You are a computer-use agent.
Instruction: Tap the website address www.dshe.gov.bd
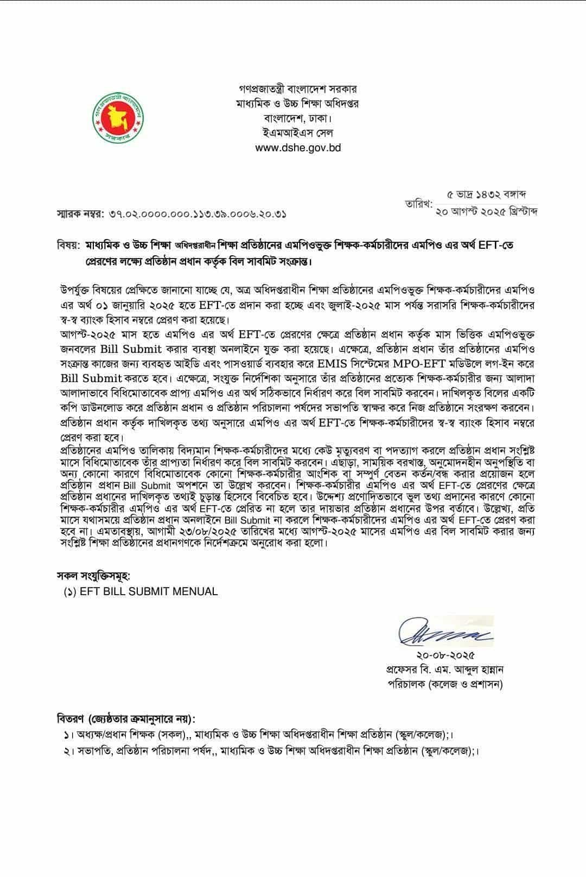(298, 147)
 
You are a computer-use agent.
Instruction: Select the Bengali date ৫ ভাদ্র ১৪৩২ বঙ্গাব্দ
(487, 194)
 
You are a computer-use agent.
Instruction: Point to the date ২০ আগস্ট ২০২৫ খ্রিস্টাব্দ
(487, 211)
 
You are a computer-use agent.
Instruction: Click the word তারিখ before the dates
(418, 204)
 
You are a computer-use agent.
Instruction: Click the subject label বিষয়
(68, 246)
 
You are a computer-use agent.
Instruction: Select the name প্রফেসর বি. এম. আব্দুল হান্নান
(445, 670)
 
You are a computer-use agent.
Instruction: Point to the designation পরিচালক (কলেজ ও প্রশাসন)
(445, 685)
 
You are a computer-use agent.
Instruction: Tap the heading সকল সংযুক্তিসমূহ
(94, 575)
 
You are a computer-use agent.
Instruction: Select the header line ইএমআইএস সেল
(298, 133)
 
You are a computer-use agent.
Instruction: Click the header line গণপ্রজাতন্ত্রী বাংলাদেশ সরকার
(298, 89)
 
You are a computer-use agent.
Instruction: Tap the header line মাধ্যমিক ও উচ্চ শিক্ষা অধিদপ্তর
(298, 104)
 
